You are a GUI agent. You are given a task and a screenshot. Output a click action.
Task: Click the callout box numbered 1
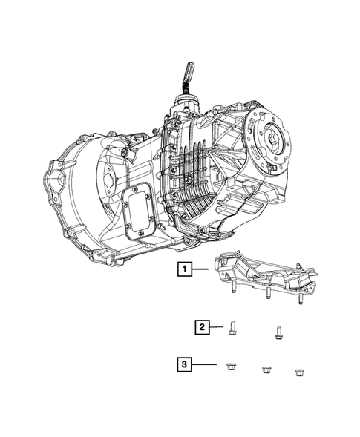(x=185, y=269)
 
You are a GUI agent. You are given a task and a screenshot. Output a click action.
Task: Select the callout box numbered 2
(x=202, y=327)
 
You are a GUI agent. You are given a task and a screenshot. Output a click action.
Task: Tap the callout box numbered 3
(x=184, y=364)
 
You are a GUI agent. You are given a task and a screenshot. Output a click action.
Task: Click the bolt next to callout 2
(x=231, y=328)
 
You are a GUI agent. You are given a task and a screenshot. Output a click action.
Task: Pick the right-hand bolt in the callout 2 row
(x=278, y=332)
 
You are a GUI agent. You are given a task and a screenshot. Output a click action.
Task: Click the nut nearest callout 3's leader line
(x=230, y=367)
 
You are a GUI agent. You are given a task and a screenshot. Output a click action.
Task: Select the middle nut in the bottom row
(x=266, y=369)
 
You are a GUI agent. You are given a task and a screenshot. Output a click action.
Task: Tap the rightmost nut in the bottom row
(x=299, y=372)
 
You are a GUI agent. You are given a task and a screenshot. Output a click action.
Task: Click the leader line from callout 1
(x=200, y=269)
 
